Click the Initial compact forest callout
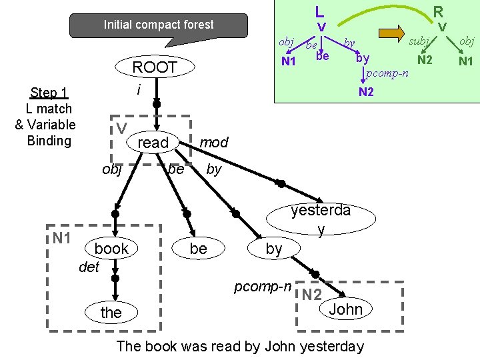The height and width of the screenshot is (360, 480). tap(159, 25)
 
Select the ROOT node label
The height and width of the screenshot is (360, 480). tap(155, 67)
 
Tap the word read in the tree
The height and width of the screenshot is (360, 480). tap(153, 143)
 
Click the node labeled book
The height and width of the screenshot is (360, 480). tap(111, 249)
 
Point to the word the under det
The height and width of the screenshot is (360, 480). tap(111, 313)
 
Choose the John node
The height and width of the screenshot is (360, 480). tap(345, 309)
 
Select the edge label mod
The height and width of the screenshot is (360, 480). tap(214, 142)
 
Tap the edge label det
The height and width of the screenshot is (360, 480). tap(89, 267)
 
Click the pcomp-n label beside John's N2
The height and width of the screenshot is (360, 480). tap(263, 287)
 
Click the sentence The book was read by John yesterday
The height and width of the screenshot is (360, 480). tap(240, 346)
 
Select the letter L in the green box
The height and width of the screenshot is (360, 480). tap(320, 11)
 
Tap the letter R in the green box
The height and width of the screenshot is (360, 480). tap(438, 11)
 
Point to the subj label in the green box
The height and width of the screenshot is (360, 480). tap(419, 41)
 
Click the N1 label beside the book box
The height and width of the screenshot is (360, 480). tap(62, 237)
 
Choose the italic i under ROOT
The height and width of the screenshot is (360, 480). tap(137, 89)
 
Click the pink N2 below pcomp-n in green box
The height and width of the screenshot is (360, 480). tap(366, 92)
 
